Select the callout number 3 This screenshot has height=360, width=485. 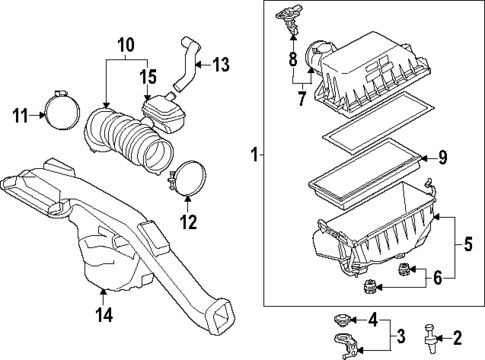399,334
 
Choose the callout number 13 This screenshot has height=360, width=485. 221,65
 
